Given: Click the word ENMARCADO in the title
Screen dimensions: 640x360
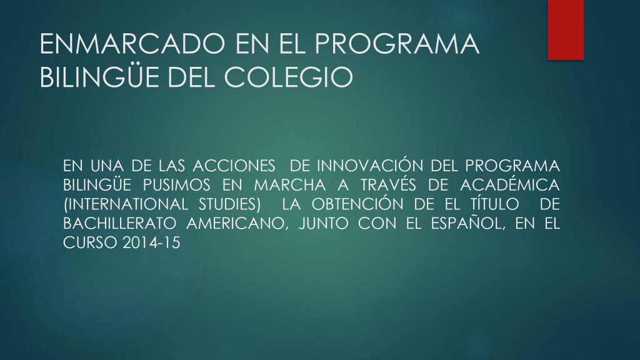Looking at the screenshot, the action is [132, 44].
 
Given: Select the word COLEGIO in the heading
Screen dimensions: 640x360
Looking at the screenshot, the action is [288, 77].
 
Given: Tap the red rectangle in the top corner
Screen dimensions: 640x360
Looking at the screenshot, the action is [565, 30].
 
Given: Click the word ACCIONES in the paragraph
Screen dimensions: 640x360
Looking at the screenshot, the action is [234, 166].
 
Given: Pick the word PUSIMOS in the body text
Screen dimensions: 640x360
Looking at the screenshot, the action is [177, 185].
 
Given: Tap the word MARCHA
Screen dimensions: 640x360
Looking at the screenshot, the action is [290, 185].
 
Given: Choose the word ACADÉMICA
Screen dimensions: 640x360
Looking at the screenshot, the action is [510, 184].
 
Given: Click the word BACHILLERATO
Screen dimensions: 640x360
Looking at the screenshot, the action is [119, 223].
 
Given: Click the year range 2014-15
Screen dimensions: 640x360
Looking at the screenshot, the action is [151, 243].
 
